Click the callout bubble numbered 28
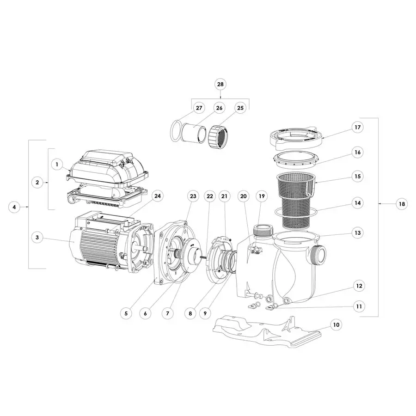pyautogui.click(x=220, y=84)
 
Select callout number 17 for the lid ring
pyautogui.click(x=356, y=127)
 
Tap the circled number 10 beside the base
pyautogui.click(x=336, y=325)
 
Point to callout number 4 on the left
pyautogui.click(x=14, y=207)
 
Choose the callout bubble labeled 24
pyautogui.click(x=158, y=196)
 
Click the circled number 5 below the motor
pyautogui.click(x=126, y=313)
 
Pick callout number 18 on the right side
pyautogui.click(x=402, y=204)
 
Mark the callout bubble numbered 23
pyautogui.click(x=193, y=196)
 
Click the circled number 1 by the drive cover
pyautogui.click(x=56, y=164)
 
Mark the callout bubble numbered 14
pyautogui.click(x=356, y=202)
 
